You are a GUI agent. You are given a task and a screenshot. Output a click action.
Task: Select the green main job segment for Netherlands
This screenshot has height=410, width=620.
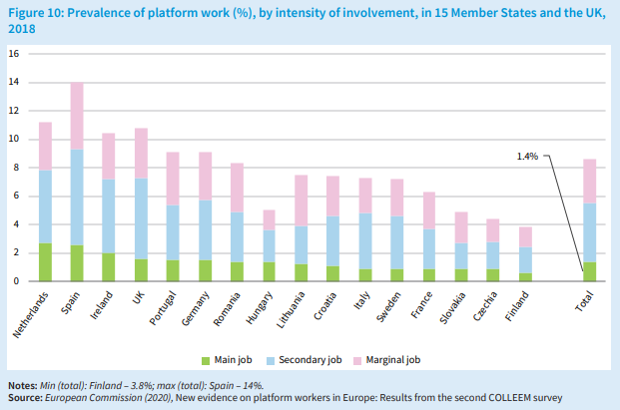pyautogui.click(x=44, y=262)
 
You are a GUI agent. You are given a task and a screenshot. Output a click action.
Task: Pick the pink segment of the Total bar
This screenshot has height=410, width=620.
pyautogui.click(x=589, y=181)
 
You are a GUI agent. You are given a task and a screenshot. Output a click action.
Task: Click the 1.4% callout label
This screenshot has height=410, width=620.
pyautogui.click(x=527, y=157)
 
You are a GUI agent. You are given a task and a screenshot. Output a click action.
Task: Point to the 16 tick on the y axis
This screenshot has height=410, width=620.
pyautogui.click(x=14, y=53)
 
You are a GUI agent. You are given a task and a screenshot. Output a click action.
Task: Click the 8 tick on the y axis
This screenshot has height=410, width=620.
pyautogui.click(x=16, y=168)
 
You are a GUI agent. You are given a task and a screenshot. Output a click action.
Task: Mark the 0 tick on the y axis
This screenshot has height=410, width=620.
pyautogui.click(x=16, y=281)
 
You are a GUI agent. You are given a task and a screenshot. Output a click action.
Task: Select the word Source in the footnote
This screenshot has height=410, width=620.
pyautogui.click(x=24, y=397)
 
